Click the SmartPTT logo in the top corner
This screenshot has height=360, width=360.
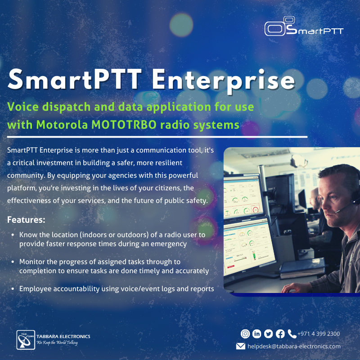coord(304,27)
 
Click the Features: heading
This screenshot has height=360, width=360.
coord(26,220)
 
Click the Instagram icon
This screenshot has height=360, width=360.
coord(245,334)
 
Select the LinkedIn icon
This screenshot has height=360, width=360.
coord(257,334)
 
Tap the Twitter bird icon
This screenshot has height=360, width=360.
coord(269,334)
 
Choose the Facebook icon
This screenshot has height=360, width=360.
coord(280,334)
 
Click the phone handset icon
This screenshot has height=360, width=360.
coord(292,334)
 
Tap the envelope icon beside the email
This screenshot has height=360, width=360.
coord(241,346)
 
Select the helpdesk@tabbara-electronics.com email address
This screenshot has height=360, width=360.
coord(294,346)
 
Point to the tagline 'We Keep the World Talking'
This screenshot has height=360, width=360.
coord(57,342)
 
